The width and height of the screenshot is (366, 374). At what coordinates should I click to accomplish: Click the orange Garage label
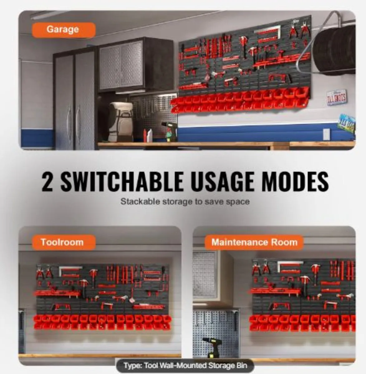coord(63,30)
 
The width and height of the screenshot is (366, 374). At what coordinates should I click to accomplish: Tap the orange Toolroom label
coord(63,242)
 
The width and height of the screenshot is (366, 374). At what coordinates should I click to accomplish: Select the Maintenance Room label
coord(254,242)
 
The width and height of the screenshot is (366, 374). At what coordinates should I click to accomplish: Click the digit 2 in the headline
coord(47,182)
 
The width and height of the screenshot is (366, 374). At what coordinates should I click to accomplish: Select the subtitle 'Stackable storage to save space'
coord(185,202)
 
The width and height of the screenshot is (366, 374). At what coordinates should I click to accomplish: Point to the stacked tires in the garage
coord(335,50)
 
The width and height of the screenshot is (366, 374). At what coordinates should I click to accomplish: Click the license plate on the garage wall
coord(336,97)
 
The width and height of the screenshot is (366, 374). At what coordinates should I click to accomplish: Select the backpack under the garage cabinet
coord(121,122)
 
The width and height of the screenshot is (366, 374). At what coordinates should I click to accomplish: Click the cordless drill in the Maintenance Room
coord(213,347)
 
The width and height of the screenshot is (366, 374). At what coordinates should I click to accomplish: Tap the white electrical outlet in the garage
coord(326,134)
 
